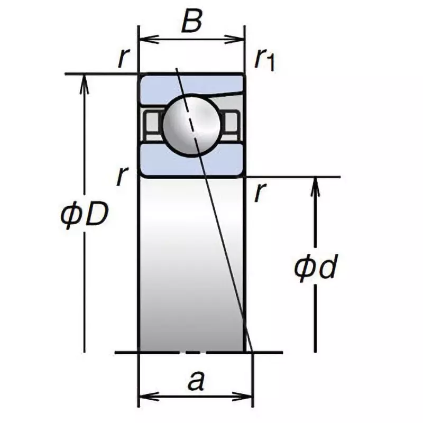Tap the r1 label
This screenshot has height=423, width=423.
264,59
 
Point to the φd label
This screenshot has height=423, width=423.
316,269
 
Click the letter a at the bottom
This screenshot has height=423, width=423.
196,381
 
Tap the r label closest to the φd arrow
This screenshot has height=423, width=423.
259,193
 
